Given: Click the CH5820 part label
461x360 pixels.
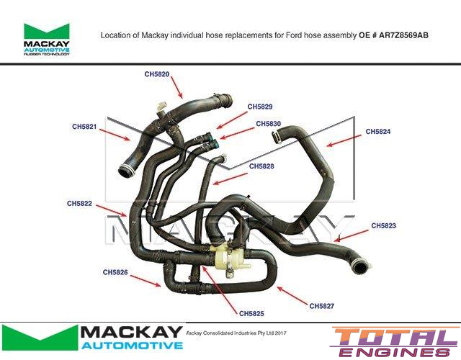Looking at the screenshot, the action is click(157, 74).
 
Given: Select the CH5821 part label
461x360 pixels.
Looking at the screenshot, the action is click(84, 127).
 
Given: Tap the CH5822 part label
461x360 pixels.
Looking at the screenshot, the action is click(79, 203).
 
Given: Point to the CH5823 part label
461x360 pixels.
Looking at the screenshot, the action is click(383, 225).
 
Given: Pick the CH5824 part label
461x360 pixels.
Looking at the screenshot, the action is click(378, 131).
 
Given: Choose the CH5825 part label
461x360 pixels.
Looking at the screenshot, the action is click(251, 314).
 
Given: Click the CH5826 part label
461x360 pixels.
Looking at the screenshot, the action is click(115, 272).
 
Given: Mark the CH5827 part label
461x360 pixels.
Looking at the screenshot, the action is click(322, 306).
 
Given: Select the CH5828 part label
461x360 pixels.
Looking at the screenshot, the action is click(261, 166).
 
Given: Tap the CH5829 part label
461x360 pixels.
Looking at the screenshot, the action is click(260, 107).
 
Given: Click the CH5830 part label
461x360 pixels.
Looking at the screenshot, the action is click(269, 124).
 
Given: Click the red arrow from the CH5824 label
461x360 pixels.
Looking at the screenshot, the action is click(344, 140).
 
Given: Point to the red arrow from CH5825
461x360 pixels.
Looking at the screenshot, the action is click(219, 289).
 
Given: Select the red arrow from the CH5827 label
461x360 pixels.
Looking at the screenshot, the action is click(292, 296).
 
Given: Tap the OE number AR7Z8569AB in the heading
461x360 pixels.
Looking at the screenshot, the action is click(403, 35).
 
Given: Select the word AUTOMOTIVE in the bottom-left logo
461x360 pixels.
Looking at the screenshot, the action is click(132, 345).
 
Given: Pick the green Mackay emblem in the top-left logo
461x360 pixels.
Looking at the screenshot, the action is click(46, 31).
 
